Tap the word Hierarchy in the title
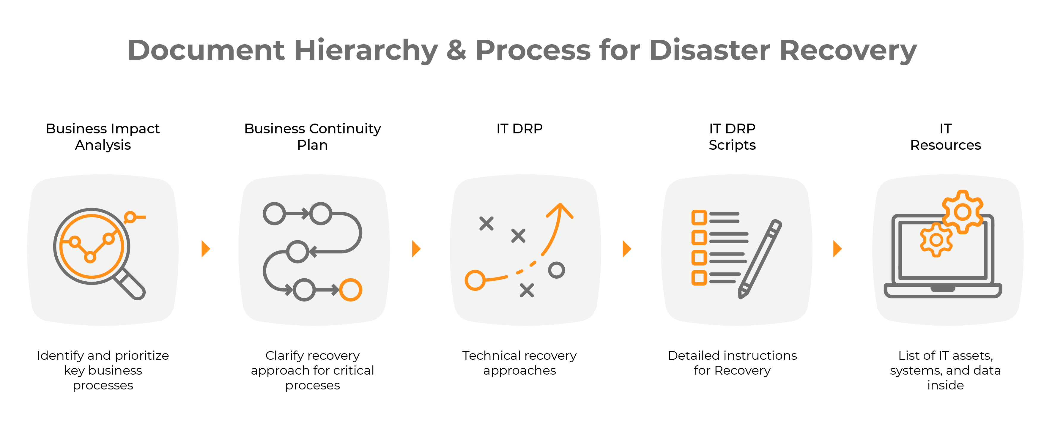tap(366, 51)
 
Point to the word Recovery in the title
tap(848, 51)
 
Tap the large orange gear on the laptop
tap(963, 212)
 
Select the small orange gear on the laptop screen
tap(936, 240)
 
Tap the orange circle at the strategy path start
tap(475, 280)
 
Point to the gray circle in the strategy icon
tap(556, 270)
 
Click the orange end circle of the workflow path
tap(350, 290)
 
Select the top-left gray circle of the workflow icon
tap(274, 214)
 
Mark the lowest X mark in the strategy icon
tap(527, 291)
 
